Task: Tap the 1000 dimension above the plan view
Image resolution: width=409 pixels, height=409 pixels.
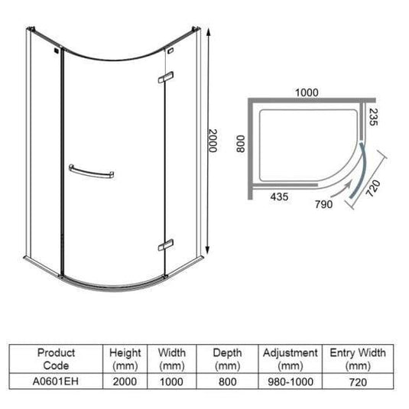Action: pyautogui.click(x=306, y=92)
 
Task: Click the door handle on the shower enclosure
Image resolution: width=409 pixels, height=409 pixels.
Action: pyautogui.click(x=93, y=171)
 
